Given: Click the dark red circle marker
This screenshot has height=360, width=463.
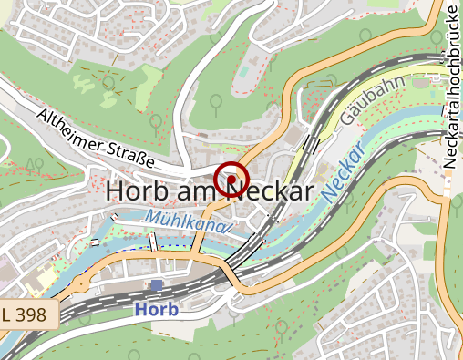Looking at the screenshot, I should [x=231, y=178].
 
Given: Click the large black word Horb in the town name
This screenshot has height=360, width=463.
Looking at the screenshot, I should [x=138, y=190].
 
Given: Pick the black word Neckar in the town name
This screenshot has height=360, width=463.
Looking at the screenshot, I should [x=270, y=190].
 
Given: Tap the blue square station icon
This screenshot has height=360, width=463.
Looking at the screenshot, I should [x=156, y=285].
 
